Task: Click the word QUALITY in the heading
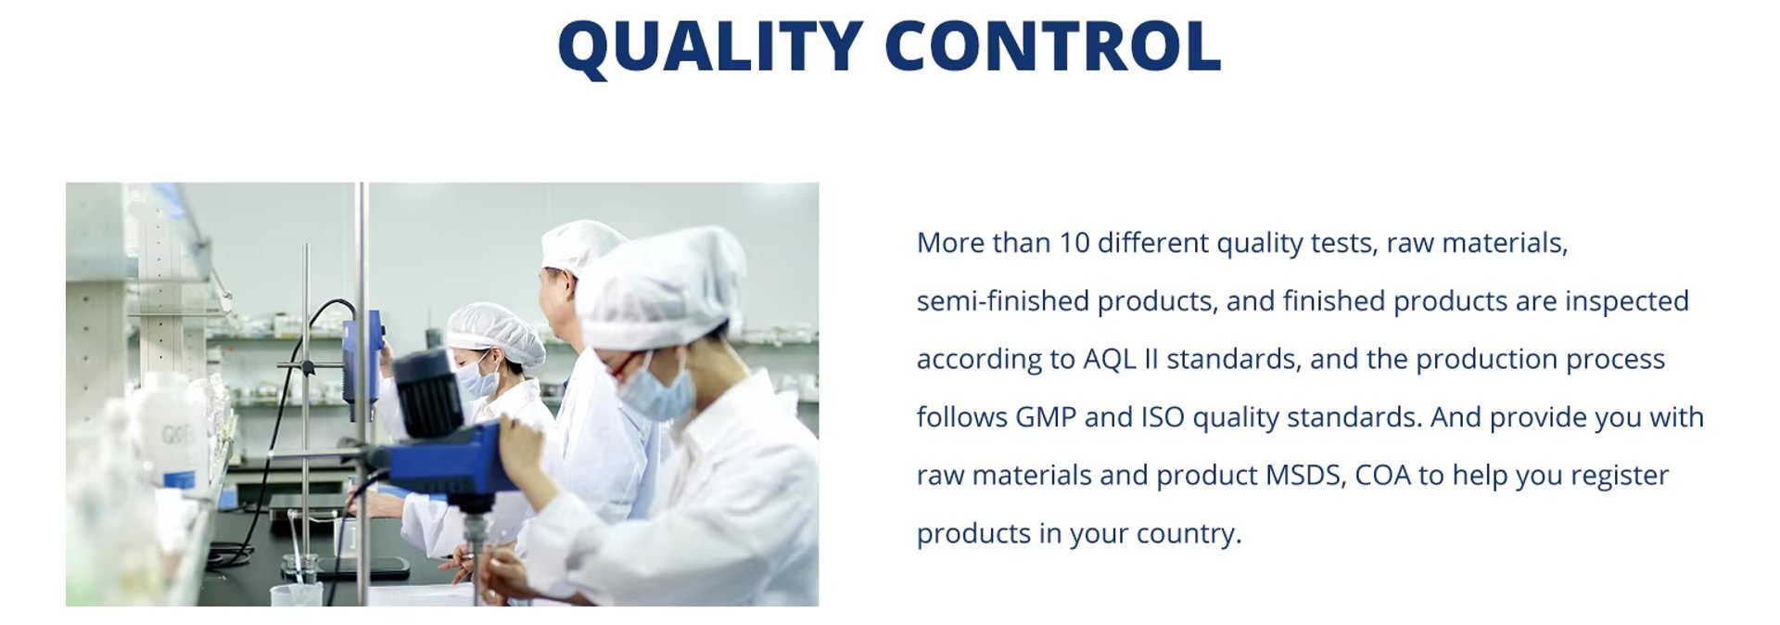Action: (711, 46)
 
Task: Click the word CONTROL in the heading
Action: (1053, 45)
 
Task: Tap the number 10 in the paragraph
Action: (1074, 243)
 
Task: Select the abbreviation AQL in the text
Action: (1110, 359)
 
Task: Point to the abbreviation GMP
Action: (1046, 417)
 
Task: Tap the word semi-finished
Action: (1003, 301)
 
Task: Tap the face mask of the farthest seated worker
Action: (478, 378)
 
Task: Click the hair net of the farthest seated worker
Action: (496, 332)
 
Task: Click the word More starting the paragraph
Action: (950, 243)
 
